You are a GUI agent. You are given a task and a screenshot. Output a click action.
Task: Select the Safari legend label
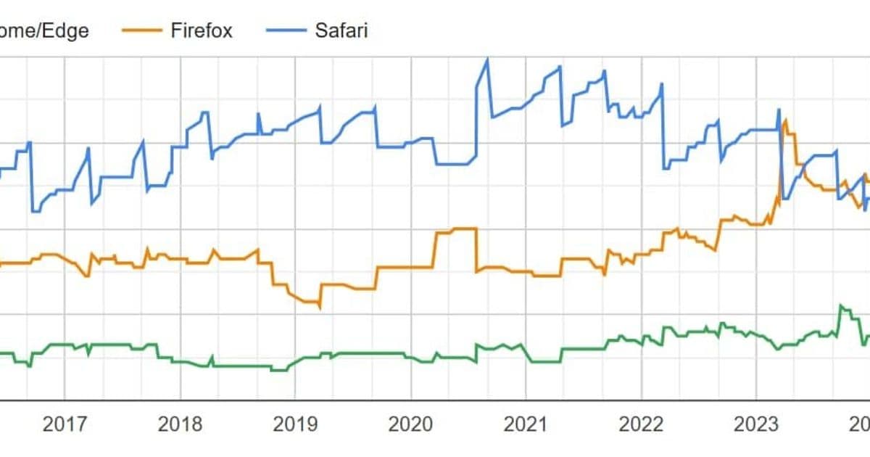[x=341, y=30]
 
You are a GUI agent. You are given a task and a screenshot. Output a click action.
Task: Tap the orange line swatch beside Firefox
[x=142, y=30]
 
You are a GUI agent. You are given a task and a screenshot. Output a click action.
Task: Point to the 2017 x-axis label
[x=65, y=424]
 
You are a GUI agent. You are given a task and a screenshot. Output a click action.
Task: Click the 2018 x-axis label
[x=180, y=424]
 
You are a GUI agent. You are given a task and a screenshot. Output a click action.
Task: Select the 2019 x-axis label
[x=295, y=424]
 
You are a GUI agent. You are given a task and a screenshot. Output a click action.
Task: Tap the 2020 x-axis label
[x=410, y=424]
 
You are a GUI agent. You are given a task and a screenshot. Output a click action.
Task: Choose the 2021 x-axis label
[x=526, y=424]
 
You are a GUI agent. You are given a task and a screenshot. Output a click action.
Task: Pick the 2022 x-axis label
[x=641, y=424]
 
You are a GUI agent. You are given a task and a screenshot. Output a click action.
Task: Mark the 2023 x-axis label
[x=756, y=424]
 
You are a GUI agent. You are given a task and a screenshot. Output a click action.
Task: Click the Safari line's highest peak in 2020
[x=486, y=59]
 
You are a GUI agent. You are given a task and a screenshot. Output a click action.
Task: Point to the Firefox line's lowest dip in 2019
[x=319, y=307]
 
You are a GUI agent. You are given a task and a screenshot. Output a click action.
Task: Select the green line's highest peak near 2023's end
[x=841, y=305]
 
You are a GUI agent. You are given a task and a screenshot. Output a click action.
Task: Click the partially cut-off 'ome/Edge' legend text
[x=43, y=30]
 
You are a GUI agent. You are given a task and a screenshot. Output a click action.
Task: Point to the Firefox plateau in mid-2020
[x=464, y=228]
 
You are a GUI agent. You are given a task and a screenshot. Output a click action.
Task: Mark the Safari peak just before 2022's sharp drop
[x=661, y=84]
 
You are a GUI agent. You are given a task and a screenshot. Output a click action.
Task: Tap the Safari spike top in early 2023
[x=779, y=110]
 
